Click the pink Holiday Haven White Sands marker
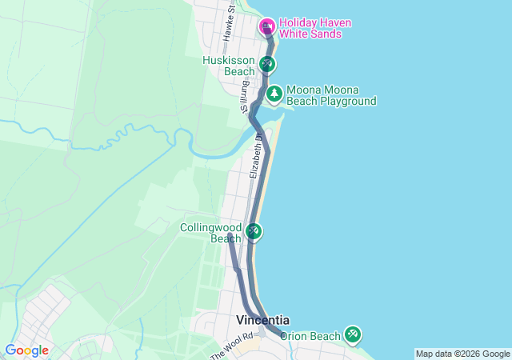266,27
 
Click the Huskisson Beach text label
228,66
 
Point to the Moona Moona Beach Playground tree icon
274,94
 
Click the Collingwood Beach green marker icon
254,231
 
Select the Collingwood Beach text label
210,232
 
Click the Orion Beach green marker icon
352,334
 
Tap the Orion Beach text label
310,336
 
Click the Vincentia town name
262,319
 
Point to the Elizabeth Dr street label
256,156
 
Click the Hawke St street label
229,28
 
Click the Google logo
26,350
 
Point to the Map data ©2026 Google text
462,354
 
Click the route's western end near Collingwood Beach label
230,235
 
